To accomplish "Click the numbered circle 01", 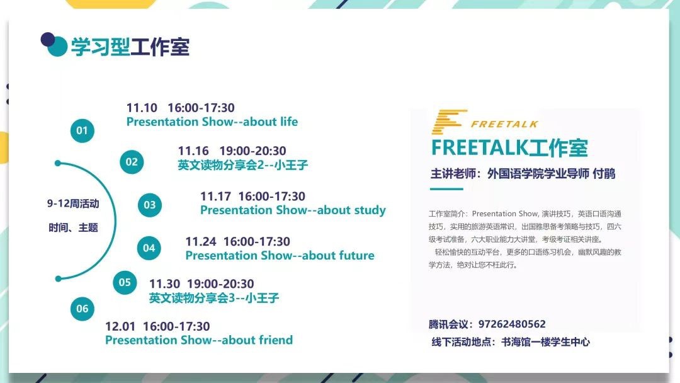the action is [82, 130].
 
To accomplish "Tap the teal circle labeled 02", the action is [132, 162].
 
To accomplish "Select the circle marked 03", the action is [150, 205].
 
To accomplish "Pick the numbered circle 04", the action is [149, 248].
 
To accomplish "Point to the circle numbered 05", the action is [125, 282].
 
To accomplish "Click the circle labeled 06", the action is [82, 309].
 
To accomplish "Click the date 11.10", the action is [142, 108].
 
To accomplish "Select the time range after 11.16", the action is [253, 151].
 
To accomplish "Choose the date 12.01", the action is [120, 326].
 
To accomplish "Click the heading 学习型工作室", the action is [130, 47].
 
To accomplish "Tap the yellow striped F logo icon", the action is [449, 122].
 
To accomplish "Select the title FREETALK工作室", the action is [509, 148].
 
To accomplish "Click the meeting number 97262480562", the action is [512, 324].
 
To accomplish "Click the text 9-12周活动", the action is [73, 203].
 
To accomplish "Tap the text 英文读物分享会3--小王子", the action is [214, 297].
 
